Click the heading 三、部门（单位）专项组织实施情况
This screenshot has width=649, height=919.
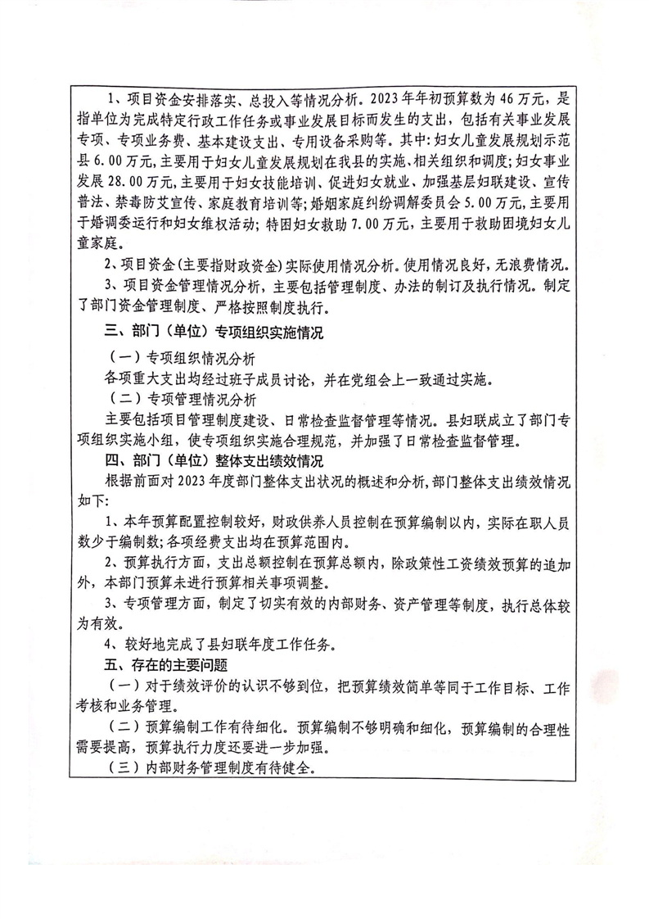[x=216, y=334]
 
